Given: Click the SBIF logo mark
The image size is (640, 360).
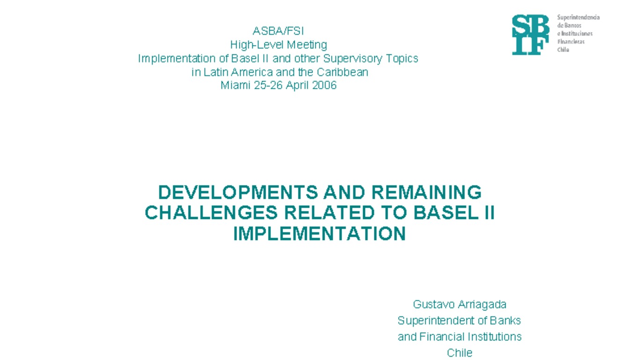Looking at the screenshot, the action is [530, 35].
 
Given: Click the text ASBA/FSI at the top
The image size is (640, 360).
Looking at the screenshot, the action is [278, 31].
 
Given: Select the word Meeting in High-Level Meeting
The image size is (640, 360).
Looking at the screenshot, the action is [307, 45].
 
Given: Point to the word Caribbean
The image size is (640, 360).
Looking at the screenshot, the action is [342, 72].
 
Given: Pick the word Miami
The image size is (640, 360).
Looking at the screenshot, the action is [235, 85].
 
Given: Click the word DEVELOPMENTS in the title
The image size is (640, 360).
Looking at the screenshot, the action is [238, 192].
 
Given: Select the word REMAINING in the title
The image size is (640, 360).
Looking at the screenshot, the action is [426, 192].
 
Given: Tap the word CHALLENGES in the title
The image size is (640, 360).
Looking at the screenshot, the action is [211, 213].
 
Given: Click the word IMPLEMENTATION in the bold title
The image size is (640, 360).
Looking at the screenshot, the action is [320, 233].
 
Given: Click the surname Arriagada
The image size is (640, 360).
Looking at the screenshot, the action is [483, 305].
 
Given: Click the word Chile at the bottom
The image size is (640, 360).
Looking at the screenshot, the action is [460, 353].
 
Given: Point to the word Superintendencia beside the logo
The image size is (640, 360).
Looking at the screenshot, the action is [578, 17].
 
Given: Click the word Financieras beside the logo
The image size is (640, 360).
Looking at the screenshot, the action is [571, 42].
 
